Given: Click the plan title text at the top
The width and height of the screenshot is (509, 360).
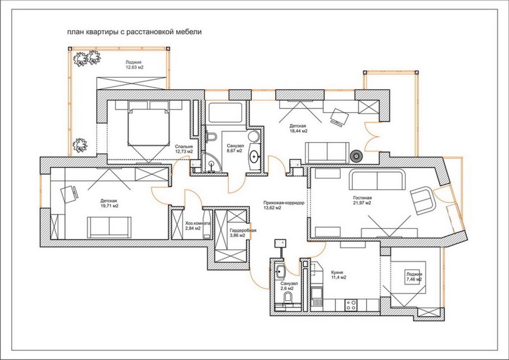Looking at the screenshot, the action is tap(134, 32).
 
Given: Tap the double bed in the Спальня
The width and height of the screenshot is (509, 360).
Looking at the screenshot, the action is tap(149, 127).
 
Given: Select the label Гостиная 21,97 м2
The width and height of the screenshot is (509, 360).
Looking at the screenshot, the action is tap(362, 200).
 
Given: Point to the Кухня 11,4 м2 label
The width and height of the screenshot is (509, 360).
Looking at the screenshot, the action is tap(338, 275).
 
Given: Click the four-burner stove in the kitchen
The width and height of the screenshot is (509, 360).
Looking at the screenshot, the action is tap(351, 305).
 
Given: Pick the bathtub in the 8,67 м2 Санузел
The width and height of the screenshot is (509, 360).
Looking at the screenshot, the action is tap(225, 112).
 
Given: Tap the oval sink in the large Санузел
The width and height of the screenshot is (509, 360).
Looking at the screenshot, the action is tap(254, 157).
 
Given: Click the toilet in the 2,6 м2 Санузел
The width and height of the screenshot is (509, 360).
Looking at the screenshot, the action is tap(288, 297).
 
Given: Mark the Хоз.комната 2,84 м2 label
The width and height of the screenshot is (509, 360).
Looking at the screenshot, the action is tap(197, 226).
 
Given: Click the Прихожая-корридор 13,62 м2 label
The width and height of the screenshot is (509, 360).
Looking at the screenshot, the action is tap(284, 205).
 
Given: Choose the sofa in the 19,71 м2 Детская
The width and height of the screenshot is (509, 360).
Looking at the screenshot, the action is tap(109, 228).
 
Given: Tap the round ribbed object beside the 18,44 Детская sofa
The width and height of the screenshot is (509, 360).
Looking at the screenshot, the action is tap(356, 157).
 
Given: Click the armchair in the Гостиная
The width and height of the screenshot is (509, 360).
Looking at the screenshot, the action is tap(422, 200).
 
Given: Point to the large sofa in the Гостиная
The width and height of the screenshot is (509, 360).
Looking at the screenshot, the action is tap(377, 181).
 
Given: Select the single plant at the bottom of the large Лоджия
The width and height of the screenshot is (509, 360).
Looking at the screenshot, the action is tap(80, 145).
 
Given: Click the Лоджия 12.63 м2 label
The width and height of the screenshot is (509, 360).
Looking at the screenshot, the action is tap(134, 65).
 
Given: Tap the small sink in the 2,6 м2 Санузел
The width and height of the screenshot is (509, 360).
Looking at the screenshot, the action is tap(280, 271).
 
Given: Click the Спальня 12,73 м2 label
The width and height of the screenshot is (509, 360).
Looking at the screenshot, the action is tap(183, 149).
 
